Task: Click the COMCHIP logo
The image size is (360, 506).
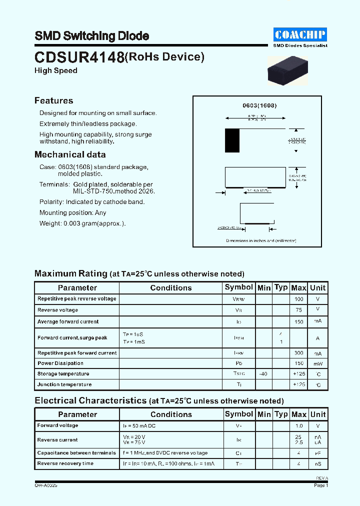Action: (x=300, y=34)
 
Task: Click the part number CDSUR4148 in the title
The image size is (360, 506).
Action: (x=79, y=57)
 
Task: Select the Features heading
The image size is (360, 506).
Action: (x=53, y=100)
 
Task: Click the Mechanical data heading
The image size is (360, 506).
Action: (x=70, y=154)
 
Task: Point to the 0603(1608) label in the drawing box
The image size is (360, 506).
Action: (x=259, y=106)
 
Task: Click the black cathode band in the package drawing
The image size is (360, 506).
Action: (x=232, y=140)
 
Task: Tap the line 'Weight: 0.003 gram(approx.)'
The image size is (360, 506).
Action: (x=82, y=223)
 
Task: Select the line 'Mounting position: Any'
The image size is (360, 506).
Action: (x=73, y=212)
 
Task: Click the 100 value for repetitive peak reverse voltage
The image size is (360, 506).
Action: (x=298, y=299)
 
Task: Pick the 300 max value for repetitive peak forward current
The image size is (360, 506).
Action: (x=298, y=353)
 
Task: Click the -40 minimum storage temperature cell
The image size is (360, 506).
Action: (x=263, y=374)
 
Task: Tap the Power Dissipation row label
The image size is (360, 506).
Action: (x=60, y=363)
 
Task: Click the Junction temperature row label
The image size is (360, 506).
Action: (x=64, y=384)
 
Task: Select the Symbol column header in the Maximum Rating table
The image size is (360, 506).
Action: (x=239, y=287)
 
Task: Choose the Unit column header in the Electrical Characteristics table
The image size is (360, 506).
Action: (x=317, y=414)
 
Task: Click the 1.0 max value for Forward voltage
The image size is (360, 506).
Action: (x=298, y=426)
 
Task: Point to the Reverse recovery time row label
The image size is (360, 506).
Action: (x=65, y=463)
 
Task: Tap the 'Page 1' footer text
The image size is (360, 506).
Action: (x=320, y=485)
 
